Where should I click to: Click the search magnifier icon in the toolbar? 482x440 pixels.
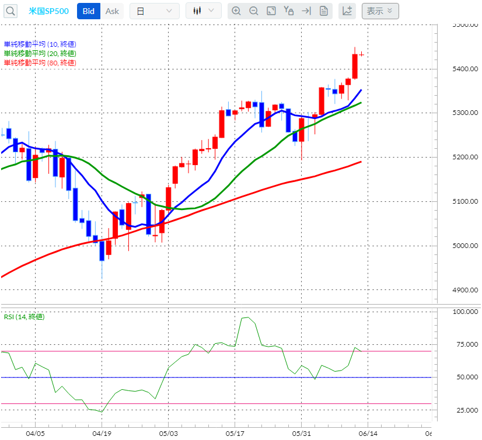[11, 11]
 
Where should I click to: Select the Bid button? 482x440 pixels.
[89, 11]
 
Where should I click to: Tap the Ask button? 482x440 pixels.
[112, 11]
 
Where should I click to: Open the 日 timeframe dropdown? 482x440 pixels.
[154, 11]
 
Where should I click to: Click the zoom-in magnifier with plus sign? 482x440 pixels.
[236, 11]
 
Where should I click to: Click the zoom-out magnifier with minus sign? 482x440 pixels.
[253, 11]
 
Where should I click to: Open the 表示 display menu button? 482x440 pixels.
[380, 11]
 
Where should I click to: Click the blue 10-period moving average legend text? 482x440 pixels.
[40, 44]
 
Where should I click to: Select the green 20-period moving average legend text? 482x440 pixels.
[40, 54]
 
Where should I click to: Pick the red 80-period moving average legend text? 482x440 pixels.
[40, 63]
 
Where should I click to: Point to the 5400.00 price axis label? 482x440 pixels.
[465, 69]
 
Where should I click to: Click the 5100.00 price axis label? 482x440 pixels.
[465, 202]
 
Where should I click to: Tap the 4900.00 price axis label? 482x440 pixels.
[465, 290]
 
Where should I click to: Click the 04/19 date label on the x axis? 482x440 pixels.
[102, 434]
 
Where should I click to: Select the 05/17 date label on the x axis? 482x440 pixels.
[235, 434]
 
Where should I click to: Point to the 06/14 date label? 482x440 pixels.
[368, 434]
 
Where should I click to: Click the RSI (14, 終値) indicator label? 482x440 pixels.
[24, 317]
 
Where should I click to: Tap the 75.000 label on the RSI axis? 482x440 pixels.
[466, 345]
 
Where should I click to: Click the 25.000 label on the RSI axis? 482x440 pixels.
[466, 411]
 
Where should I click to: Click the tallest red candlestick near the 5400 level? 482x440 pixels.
[355, 67]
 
